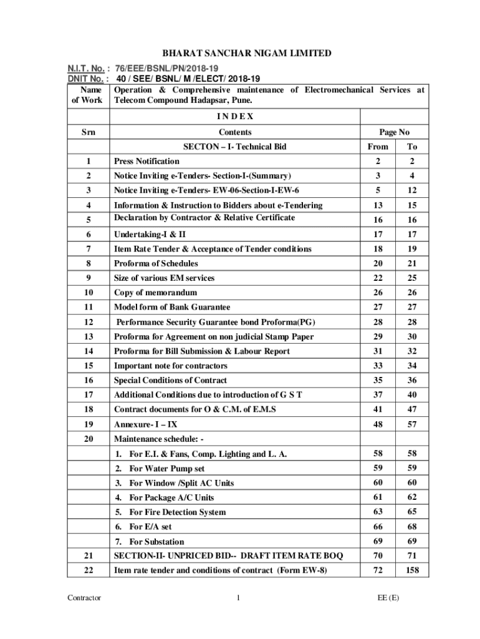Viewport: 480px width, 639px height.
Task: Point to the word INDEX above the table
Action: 235,117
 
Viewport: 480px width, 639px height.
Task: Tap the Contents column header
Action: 235,132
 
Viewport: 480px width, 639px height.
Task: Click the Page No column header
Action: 394,132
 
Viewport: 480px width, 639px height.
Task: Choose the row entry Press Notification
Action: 146,161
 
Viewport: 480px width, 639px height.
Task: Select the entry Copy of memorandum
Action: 155,292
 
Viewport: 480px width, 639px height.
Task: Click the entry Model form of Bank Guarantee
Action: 172,307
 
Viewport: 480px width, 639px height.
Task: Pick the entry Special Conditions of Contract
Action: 170,380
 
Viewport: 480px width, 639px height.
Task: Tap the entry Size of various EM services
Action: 164,278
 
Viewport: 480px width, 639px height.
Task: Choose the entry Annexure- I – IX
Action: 145,424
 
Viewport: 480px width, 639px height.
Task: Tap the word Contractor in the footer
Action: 84,598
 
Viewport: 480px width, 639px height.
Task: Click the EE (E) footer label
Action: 388,598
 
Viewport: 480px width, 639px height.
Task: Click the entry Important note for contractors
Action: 170,366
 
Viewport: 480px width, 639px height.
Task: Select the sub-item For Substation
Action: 156,542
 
